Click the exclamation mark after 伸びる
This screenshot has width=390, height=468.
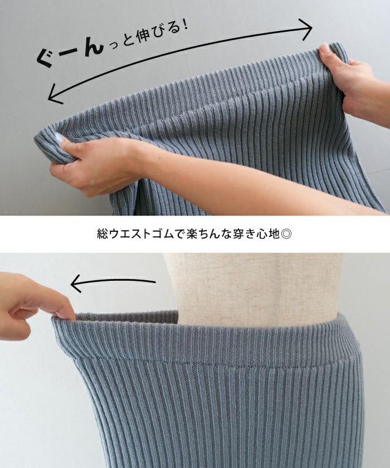coord(184,26)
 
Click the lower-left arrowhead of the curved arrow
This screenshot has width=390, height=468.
coord(55,94)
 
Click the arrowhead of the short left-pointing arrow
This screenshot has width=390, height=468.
coord(76,284)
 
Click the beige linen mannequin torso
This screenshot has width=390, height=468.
coord(253,286)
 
